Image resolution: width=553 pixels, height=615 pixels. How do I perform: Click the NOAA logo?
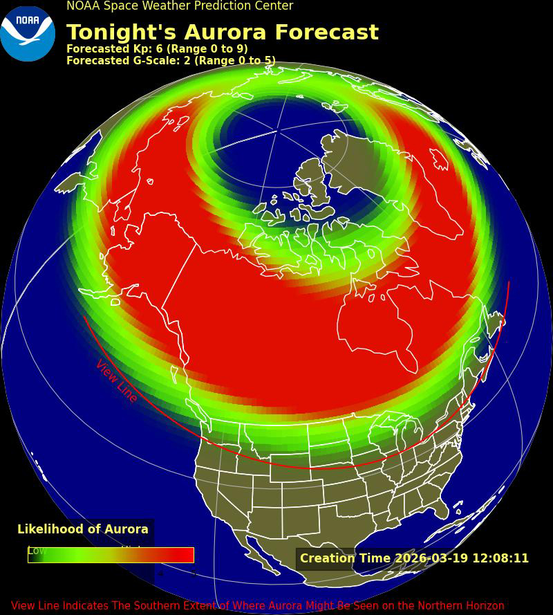tap(28, 33)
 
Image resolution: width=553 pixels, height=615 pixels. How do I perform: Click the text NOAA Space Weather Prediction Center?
tap(180, 6)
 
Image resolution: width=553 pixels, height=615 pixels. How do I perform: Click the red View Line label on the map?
tap(116, 381)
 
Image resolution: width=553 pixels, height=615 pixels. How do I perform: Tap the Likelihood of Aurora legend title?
tap(83, 529)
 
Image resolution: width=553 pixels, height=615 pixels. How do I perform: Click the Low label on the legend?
tap(37, 551)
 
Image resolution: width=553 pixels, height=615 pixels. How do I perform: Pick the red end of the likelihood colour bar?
tap(187, 555)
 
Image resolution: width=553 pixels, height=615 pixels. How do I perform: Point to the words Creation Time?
tap(345, 558)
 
